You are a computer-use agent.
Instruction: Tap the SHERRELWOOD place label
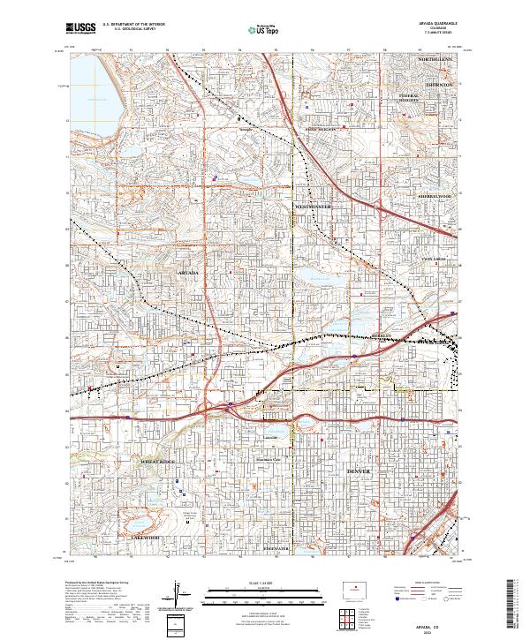tap(435, 196)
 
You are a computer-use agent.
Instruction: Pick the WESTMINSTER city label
tap(312, 206)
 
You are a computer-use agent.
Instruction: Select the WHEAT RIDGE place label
tap(157, 462)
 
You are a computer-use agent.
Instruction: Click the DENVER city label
tap(360, 472)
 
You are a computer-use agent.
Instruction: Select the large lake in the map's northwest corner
tap(87, 97)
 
